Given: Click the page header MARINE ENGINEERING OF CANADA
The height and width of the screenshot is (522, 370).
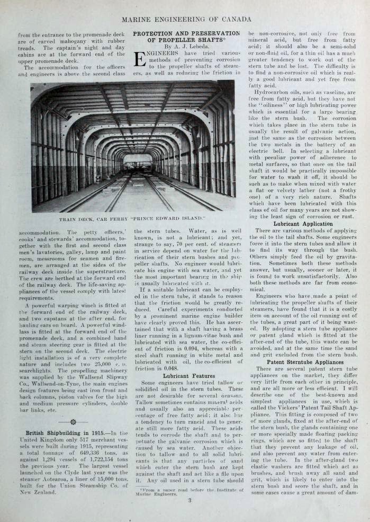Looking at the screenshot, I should tap(185, 20).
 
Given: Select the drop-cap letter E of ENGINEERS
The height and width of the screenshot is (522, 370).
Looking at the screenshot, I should tap(139, 61).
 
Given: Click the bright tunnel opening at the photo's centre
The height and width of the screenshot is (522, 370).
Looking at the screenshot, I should tap(137, 159).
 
